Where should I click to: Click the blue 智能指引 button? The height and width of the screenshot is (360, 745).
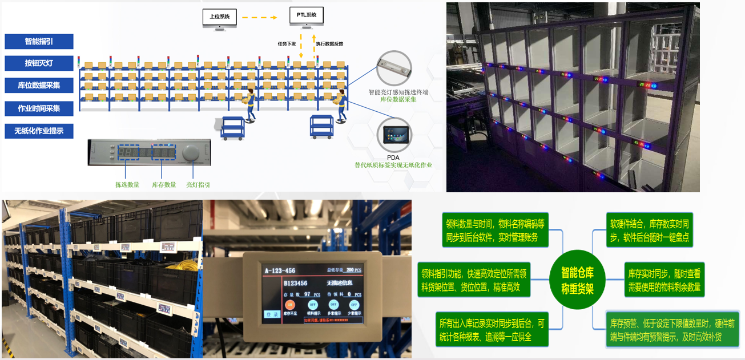point(39,42)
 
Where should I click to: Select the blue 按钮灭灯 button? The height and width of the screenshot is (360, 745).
point(39,63)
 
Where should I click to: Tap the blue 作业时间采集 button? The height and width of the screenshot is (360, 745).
point(39,108)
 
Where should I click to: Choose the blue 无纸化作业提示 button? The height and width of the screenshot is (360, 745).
point(39,131)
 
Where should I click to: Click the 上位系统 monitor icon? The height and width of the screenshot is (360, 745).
point(219,18)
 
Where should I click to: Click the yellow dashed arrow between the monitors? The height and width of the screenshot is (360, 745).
point(263,17)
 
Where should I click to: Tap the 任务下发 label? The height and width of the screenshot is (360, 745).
point(287,43)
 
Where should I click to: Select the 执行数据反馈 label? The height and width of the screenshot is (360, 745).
point(329,43)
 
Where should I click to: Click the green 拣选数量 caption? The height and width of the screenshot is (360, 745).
point(127,184)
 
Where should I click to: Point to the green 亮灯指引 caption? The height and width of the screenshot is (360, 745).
point(198,184)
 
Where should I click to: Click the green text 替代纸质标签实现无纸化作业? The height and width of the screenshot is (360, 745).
point(393,165)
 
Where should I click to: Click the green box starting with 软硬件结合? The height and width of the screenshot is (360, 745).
point(650,229)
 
